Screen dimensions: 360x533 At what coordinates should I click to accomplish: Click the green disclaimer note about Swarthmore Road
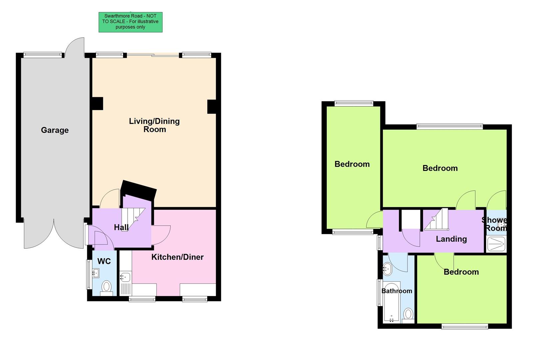click(130, 22)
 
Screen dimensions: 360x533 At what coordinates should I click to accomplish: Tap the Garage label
click(55, 130)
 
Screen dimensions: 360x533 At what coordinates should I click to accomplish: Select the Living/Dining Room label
click(154, 125)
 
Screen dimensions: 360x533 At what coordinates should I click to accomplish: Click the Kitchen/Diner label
click(177, 257)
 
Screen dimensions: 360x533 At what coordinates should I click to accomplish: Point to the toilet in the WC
click(107, 287)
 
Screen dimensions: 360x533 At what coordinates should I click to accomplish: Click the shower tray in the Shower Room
click(496, 244)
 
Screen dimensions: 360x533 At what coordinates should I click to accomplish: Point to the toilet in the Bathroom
click(408, 314)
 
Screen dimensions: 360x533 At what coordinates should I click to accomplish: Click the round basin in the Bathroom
click(387, 267)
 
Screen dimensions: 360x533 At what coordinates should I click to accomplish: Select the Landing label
click(451, 239)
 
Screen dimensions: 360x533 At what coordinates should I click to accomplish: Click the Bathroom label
click(396, 291)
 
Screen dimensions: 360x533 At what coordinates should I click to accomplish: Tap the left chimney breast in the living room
click(97, 103)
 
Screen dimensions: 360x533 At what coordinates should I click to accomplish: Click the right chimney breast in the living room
click(212, 106)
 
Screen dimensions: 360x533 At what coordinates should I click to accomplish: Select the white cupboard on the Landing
click(410, 219)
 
